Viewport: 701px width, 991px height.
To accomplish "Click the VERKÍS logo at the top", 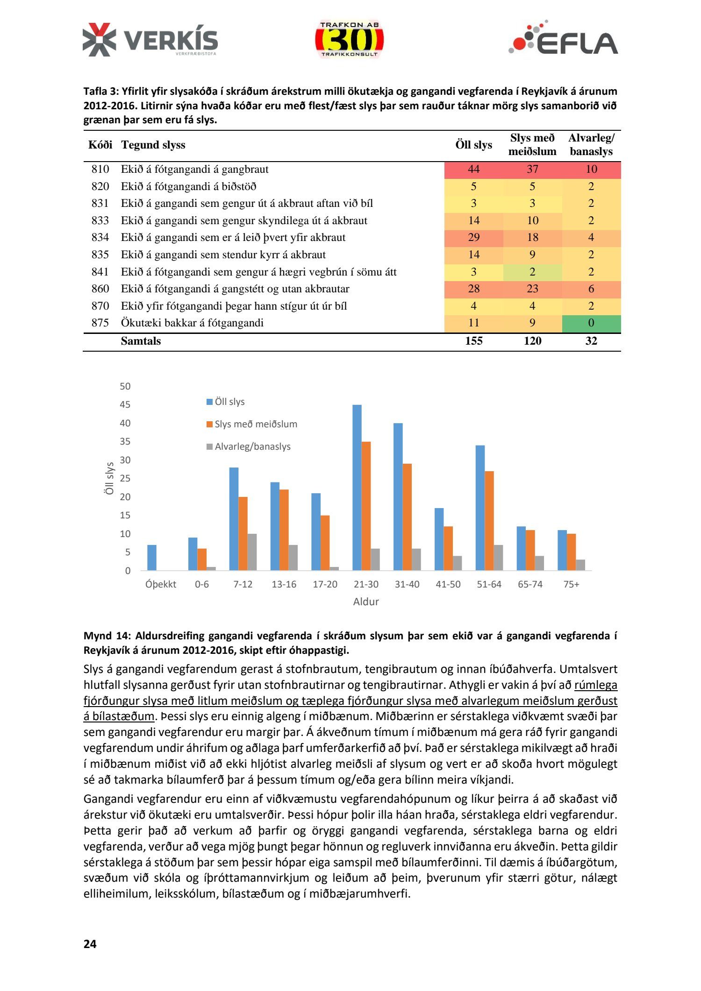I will point(150,40).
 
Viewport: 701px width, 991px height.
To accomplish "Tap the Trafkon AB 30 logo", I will point(349,40).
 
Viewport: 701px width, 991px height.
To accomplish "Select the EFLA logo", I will point(563,38).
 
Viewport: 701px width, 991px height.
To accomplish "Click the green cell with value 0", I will point(591,323).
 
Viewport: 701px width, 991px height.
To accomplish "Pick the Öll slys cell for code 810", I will point(473,170).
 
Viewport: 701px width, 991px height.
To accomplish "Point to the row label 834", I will point(100,238).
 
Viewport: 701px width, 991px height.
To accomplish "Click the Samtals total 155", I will point(473,341).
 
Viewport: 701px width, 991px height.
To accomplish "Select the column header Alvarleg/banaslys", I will point(591,145).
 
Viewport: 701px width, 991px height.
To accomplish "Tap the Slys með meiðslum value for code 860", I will point(532,289).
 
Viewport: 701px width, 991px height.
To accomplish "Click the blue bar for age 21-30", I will point(357,488).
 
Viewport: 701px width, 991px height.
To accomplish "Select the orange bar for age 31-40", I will point(407,517).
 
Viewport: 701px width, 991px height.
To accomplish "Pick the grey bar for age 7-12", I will point(252,552).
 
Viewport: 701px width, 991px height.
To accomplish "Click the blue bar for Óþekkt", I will point(152,558).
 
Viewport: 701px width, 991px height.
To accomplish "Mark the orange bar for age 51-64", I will point(489,521).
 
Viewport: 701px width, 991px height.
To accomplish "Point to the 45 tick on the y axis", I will point(125,405).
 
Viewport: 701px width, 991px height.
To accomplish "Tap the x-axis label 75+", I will point(571,584).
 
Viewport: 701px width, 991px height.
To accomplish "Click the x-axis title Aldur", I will point(365,602).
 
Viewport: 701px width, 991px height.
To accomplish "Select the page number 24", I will point(90,944).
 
